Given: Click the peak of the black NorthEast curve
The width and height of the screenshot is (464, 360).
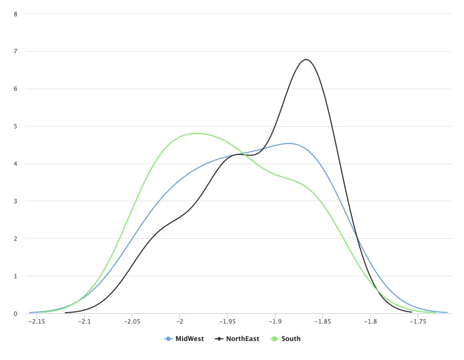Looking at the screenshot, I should (x=306, y=59).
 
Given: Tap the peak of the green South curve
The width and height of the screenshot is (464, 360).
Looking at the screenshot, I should (x=196, y=133).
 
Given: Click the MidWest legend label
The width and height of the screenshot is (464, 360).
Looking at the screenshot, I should (x=190, y=339).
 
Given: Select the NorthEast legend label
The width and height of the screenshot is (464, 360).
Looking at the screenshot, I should (x=242, y=339).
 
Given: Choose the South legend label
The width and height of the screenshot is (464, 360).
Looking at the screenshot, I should (x=291, y=339).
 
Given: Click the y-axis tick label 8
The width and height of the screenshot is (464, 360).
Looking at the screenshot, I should (x=16, y=14).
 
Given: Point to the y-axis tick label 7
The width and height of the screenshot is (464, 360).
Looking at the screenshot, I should (x=16, y=52).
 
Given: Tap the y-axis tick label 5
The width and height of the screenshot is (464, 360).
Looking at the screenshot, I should (x=16, y=127).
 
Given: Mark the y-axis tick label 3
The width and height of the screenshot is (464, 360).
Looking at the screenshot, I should (x=16, y=202).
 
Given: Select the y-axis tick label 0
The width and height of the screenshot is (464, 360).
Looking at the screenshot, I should (x=16, y=314).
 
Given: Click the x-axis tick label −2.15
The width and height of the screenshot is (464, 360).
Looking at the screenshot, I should (x=36, y=322).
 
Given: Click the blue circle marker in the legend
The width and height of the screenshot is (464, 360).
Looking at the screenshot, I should (x=168, y=339).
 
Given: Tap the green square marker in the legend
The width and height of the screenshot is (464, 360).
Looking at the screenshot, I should (x=274, y=339).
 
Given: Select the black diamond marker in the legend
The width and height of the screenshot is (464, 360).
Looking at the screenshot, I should (x=220, y=339).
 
